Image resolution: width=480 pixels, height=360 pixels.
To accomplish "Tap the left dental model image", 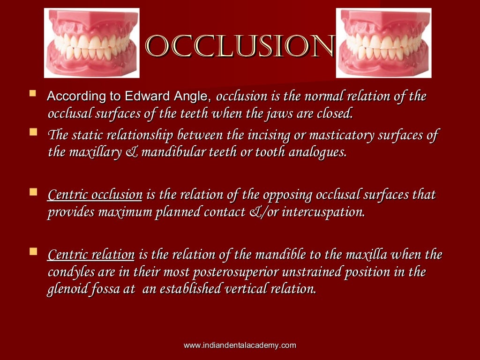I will [92, 43].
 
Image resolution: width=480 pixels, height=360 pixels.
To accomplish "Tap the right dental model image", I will [383, 43].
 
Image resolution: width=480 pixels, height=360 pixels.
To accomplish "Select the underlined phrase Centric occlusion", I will [95, 195].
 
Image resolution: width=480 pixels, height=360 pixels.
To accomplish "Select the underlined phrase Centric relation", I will [91, 255].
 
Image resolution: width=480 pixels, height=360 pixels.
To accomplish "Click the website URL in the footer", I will [240, 345].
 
